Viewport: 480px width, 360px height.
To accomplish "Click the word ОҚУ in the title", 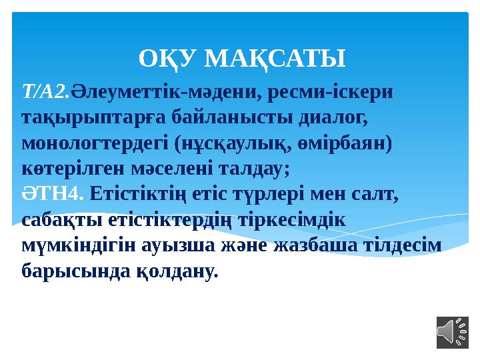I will [x=168, y=59].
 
